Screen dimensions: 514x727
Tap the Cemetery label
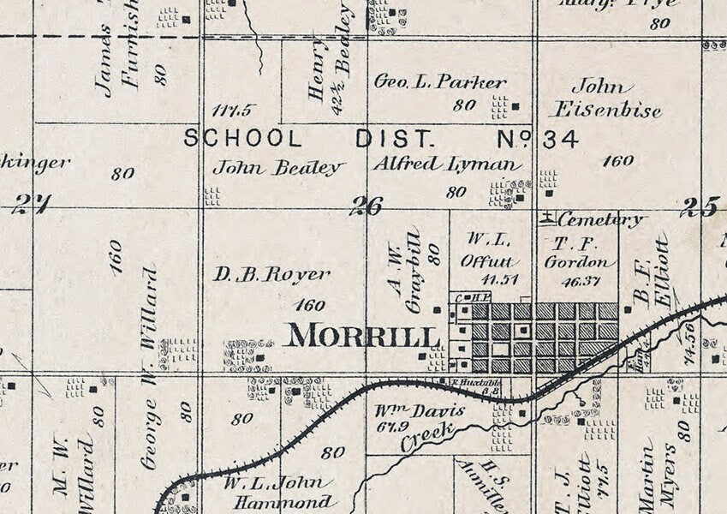[x=600, y=220]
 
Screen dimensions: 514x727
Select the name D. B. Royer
[x=272, y=275]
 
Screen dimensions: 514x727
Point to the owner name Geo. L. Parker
[x=440, y=82]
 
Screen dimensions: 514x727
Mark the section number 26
[x=366, y=206]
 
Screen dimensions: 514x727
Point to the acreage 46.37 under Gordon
[x=586, y=279]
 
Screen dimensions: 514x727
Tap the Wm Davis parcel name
[x=419, y=410]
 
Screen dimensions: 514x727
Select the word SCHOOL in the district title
[x=242, y=139]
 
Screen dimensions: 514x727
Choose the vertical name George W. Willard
[x=149, y=368]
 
